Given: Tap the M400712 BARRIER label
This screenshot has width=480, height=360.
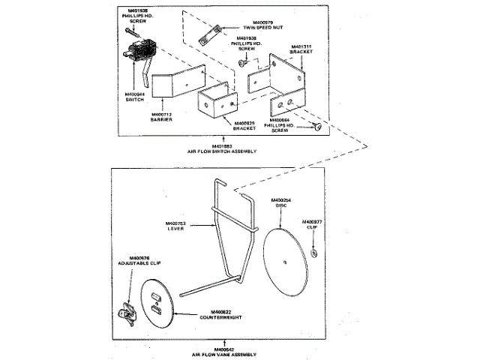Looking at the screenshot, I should (161, 117).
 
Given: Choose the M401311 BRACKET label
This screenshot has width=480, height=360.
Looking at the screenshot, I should (299, 49).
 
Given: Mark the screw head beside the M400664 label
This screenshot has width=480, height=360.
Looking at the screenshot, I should (318, 128).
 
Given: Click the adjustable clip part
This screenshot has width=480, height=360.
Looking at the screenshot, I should (128, 313).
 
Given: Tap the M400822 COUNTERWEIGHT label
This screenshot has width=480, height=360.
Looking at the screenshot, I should (220, 314).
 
